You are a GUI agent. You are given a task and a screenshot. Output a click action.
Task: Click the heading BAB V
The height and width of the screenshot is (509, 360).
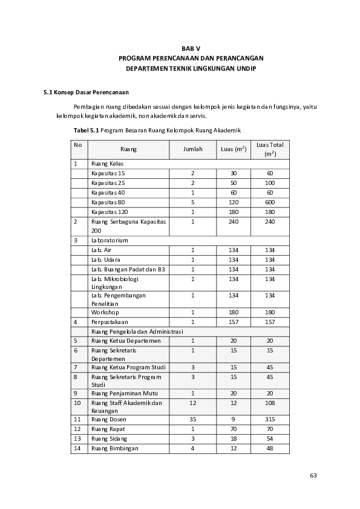[x=191, y=47]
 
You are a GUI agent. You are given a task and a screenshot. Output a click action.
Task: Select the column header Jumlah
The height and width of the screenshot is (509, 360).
[x=192, y=149]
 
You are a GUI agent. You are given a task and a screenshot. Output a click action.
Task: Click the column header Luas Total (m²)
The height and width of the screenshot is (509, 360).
[x=270, y=149]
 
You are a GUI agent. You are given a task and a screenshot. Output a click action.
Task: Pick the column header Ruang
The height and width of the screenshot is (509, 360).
[x=128, y=149]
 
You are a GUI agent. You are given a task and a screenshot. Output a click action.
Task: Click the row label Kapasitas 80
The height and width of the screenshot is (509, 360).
[x=108, y=202]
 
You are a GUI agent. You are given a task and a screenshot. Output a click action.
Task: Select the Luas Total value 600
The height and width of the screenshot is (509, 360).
[x=270, y=202]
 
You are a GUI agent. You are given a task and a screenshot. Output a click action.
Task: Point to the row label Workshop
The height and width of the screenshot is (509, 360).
[x=105, y=312]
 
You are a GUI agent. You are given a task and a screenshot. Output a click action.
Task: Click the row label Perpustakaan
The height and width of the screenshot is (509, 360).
[x=110, y=322]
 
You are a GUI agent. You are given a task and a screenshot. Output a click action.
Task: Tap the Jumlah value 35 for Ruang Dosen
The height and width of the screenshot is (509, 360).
[x=192, y=419]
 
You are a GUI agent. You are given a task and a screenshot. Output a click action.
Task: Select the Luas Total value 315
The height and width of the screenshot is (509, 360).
[x=270, y=419]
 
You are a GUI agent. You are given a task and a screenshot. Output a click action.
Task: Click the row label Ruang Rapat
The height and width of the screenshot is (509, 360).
[x=108, y=429]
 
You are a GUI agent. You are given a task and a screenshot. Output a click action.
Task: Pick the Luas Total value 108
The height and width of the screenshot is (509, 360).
[x=270, y=403]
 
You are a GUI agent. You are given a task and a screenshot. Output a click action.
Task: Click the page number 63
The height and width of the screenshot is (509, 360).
[x=313, y=475]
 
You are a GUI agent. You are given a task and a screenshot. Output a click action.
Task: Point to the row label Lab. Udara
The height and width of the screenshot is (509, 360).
[x=105, y=259]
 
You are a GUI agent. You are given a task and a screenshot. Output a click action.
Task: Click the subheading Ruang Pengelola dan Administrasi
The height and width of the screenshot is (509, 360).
[x=137, y=331]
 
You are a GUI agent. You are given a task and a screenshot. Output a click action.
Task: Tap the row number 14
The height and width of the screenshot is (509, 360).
[x=77, y=448]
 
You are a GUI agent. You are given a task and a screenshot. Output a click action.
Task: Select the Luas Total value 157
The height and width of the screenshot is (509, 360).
[x=270, y=322]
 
